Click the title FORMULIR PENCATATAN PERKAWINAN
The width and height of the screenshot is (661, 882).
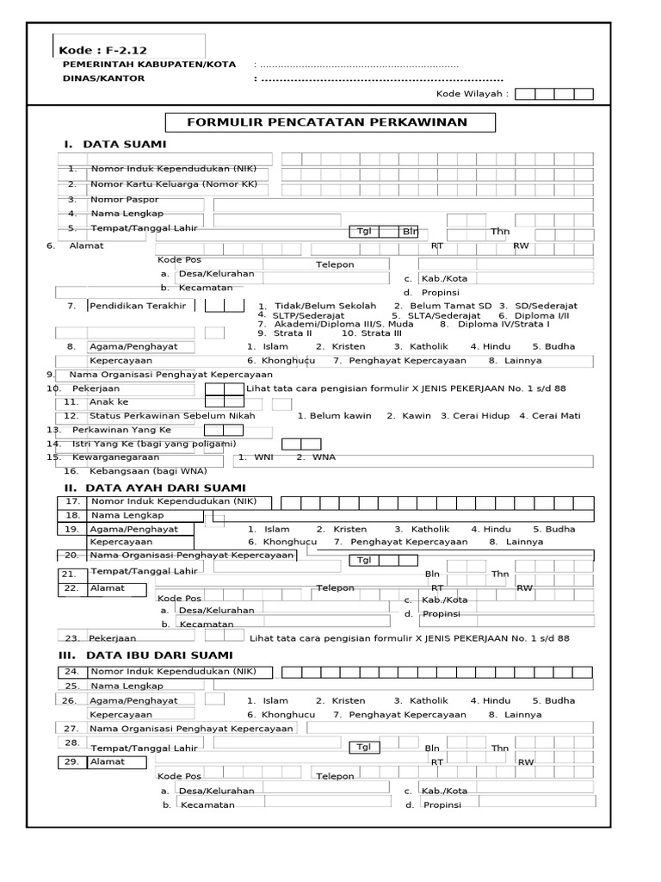click(x=329, y=121)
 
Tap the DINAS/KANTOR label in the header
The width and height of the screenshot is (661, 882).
click(x=104, y=78)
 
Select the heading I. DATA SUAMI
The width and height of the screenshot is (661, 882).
click(x=114, y=144)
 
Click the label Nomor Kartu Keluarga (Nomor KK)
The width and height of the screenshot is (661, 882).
click(x=175, y=184)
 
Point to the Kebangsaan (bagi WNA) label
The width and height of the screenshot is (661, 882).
click(x=147, y=471)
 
